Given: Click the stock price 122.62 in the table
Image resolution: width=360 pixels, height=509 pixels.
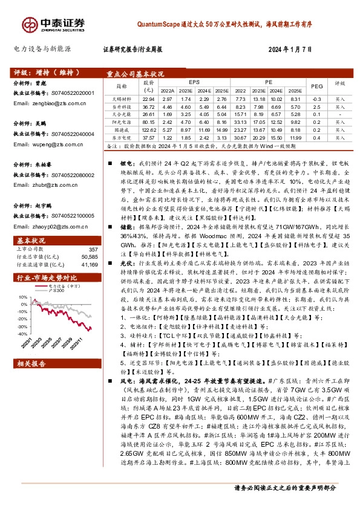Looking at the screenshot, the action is click(149, 129).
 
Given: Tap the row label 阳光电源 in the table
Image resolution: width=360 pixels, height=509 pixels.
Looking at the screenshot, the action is click(123, 121).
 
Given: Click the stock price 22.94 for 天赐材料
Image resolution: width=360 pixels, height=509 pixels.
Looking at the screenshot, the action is click(149, 98).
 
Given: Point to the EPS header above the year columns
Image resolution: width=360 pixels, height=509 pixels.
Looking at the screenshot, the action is click(194, 81).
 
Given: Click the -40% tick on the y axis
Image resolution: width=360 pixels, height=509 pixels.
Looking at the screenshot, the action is click(22, 333).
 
